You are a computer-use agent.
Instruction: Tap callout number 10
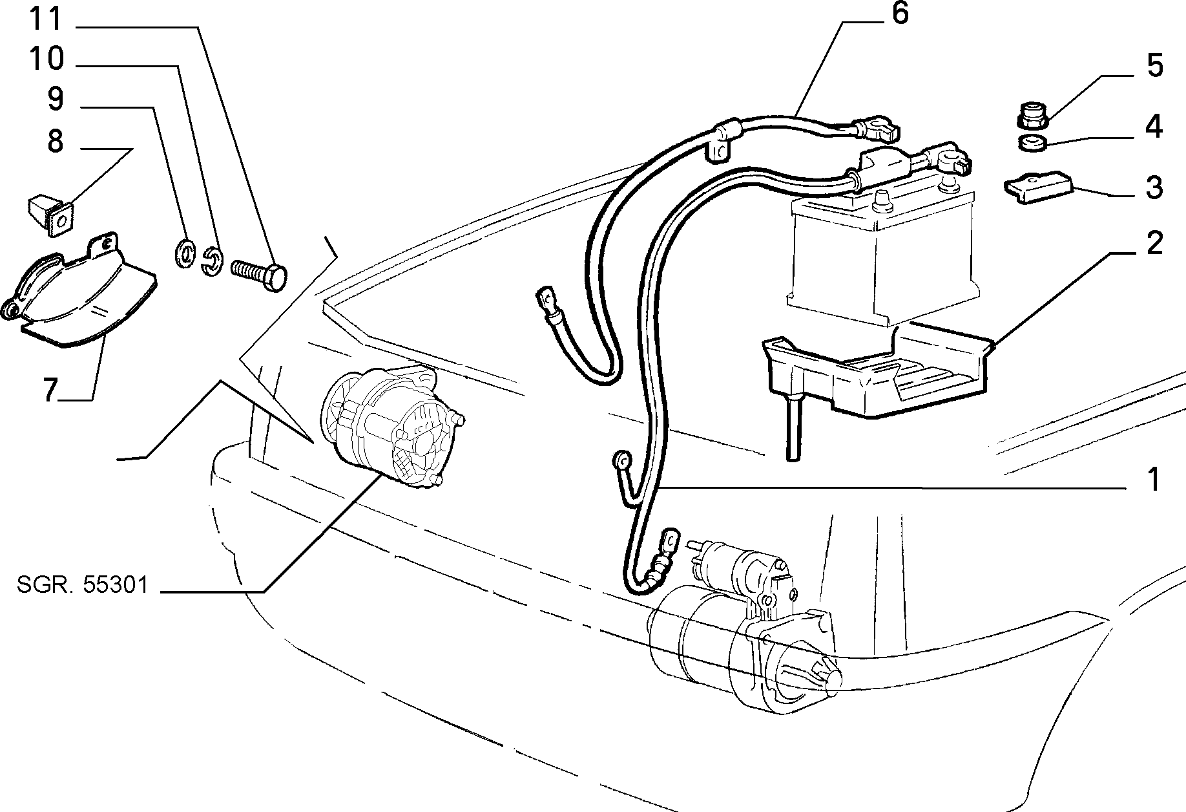click(x=47, y=59)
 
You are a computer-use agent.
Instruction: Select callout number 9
click(x=56, y=99)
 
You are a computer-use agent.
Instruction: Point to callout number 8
click(x=56, y=140)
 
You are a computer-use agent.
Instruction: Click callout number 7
click(x=52, y=390)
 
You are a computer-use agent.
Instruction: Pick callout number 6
click(x=900, y=14)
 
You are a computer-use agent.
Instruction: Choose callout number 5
click(x=1154, y=66)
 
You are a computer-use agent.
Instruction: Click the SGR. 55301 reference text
click(x=83, y=585)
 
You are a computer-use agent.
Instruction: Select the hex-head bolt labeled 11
click(x=259, y=276)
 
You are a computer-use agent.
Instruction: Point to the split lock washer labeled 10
click(x=212, y=260)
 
